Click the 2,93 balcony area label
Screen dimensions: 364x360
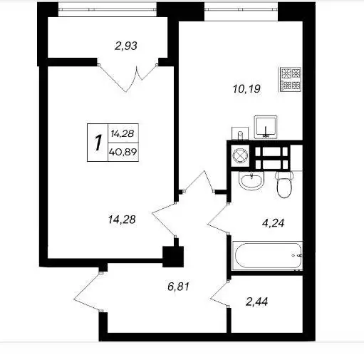[x=126, y=46]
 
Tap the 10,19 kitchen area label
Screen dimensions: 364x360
[x=246, y=89]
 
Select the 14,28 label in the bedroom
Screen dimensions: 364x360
[x=122, y=220]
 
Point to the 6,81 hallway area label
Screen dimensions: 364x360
[x=178, y=287]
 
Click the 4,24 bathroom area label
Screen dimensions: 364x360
[x=273, y=223]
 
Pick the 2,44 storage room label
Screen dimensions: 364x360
[x=256, y=302]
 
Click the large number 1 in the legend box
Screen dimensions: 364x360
[x=98, y=143]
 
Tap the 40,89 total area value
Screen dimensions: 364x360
[x=123, y=151]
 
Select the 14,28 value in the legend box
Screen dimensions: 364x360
[x=123, y=133]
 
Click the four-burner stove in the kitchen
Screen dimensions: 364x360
[x=290, y=79]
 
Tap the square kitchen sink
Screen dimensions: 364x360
[x=266, y=127]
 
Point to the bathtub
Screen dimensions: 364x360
[x=267, y=255]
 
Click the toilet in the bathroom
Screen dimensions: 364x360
[x=284, y=185]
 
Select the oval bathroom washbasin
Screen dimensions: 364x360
[x=251, y=180]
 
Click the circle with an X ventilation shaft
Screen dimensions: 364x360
[x=240, y=156]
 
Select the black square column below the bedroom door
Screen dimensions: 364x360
[x=173, y=257]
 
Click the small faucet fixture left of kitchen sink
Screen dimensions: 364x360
[x=240, y=133]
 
